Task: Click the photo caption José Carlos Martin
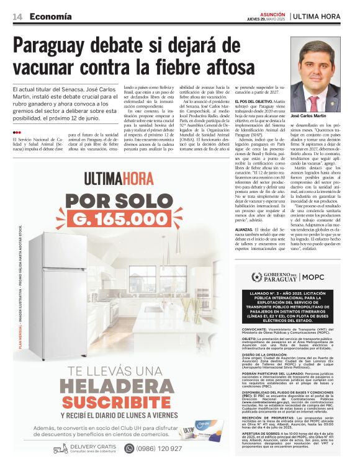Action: pyautogui.click(x=308, y=116)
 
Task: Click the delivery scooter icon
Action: pyautogui.click(x=60, y=449)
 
